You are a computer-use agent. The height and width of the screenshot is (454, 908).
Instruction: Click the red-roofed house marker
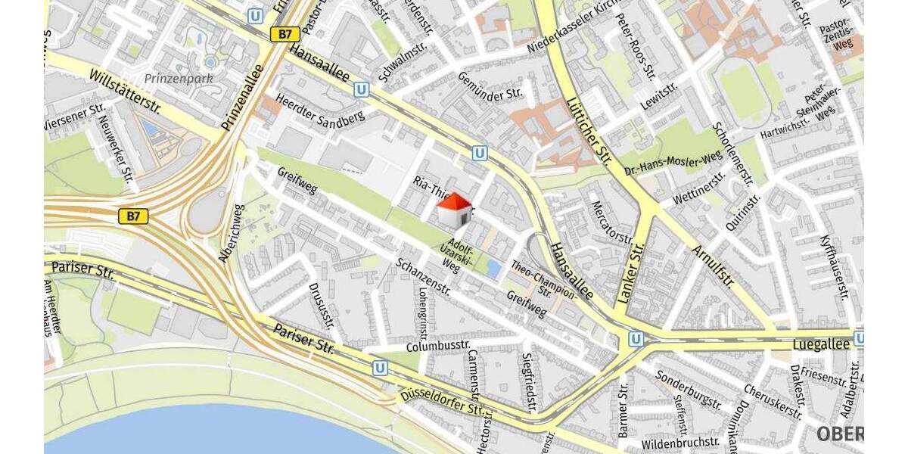455,209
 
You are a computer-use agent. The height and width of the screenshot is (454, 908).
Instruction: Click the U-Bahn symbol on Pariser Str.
380,368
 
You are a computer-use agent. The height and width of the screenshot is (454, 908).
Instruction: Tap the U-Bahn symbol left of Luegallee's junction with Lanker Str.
636,338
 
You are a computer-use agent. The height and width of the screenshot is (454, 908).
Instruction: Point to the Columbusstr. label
438,347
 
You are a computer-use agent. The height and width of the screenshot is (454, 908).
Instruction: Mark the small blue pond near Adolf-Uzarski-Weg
493,267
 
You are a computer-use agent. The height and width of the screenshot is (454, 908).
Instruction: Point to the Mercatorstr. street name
611,222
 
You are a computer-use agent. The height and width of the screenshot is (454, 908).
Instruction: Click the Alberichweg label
232,232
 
